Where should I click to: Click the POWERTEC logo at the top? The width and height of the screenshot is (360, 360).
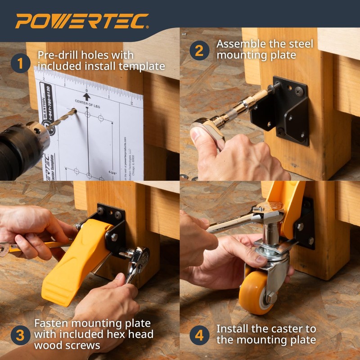click(x=82, y=21)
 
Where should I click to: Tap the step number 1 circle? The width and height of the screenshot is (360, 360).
click(x=19, y=63)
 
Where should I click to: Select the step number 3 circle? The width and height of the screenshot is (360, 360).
click(x=19, y=335)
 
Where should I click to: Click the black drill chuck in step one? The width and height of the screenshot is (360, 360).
click(x=22, y=148)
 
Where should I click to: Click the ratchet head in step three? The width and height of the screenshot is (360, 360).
click(x=137, y=259)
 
